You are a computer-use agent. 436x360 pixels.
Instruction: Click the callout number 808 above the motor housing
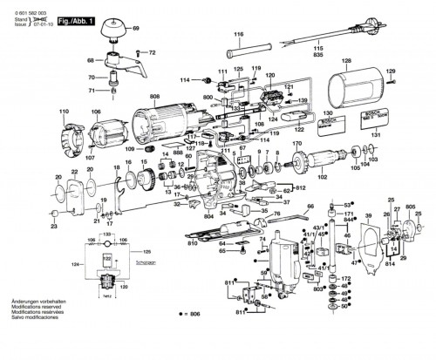coord(154,95)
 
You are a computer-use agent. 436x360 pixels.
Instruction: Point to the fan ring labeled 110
coord(65,138)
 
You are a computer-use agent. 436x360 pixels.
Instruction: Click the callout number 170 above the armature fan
coord(297,144)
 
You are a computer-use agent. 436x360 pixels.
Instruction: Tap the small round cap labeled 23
coord(54,213)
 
